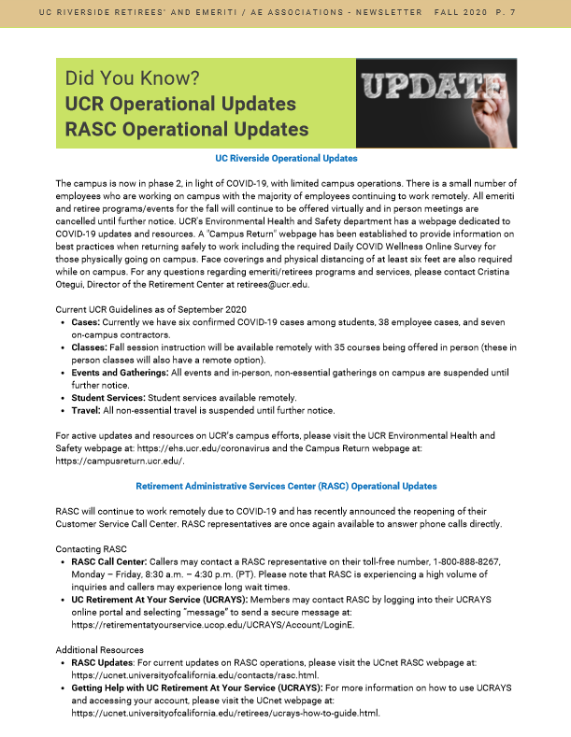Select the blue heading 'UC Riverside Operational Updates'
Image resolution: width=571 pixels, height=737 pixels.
click(286, 160)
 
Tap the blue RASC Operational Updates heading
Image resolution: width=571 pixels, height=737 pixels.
click(286, 487)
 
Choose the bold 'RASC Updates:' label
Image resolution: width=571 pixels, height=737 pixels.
click(103, 662)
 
